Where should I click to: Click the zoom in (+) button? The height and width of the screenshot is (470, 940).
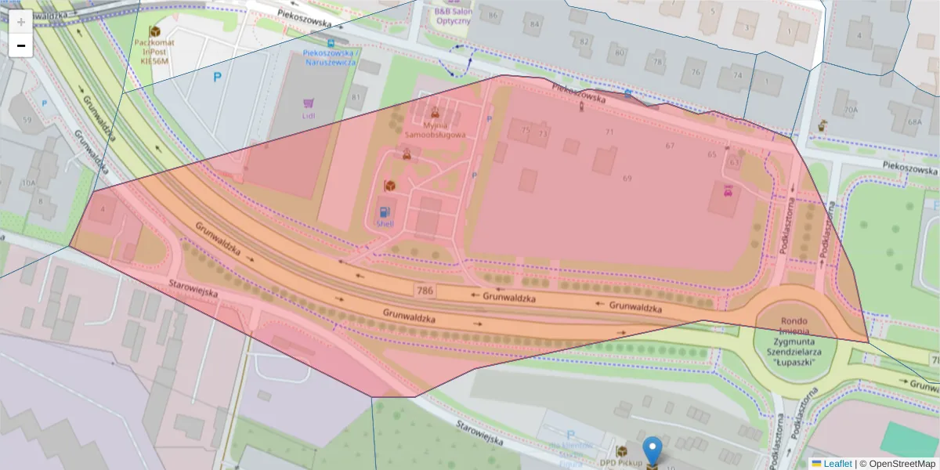tap(20, 22)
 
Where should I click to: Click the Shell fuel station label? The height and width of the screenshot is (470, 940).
tap(385, 223)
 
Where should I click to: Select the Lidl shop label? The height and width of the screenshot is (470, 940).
tap(308, 116)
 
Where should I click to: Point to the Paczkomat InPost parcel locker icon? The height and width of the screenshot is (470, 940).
tap(154, 31)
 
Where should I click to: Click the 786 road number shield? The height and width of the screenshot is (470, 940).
tap(425, 291)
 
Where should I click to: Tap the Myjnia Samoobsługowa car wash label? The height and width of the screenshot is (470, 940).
tap(435, 129)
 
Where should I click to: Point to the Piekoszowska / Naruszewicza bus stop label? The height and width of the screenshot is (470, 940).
tap(330, 57)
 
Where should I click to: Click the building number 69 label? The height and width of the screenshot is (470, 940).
tap(627, 179)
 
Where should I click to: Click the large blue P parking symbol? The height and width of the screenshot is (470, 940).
tap(217, 77)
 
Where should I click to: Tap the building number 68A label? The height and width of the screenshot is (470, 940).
tap(914, 122)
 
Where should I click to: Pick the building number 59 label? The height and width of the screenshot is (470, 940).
tap(28, 120)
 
